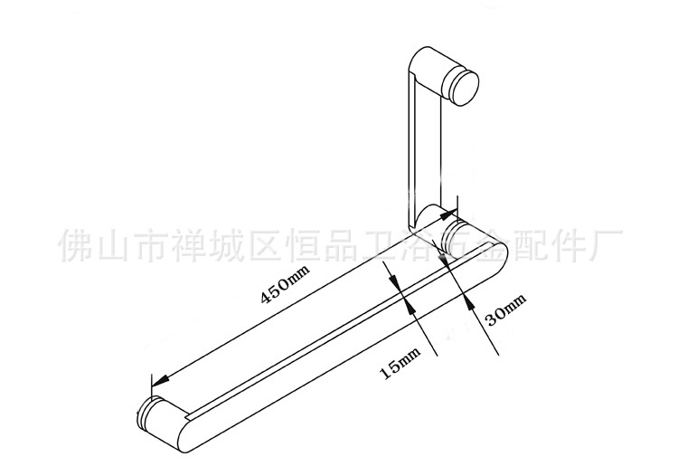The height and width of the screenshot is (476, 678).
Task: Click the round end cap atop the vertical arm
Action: (x=466, y=87)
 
